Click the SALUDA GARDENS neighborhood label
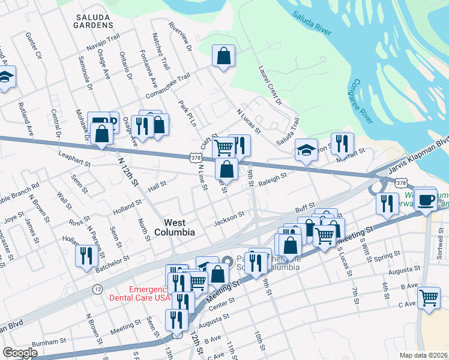94,22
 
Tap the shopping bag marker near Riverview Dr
223,56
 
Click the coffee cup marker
426,200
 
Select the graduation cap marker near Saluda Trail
307,150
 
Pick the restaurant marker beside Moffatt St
342,143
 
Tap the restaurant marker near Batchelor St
86,256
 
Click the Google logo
20,352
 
